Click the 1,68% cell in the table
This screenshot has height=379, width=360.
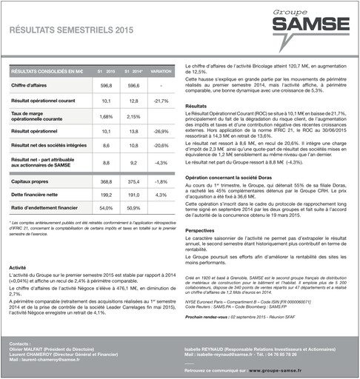click(x=106, y=116)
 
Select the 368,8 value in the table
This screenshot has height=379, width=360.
click(x=106, y=181)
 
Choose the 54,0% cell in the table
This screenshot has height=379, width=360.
click(x=106, y=208)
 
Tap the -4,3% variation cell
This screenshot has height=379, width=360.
click(x=161, y=162)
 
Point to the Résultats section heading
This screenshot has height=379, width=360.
click(x=196, y=107)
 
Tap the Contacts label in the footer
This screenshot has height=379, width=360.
click(x=21, y=344)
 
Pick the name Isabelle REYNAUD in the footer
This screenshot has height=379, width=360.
click(x=204, y=349)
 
